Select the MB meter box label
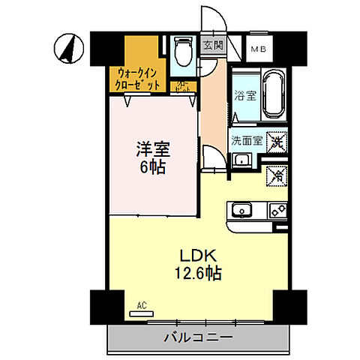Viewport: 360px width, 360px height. [x=258, y=49]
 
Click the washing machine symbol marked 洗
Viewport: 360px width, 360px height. [x=277, y=139]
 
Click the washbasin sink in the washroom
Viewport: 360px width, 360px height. [x=242, y=160]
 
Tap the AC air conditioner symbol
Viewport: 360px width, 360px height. [x=140, y=307]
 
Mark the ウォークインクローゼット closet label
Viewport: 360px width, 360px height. [x=138, y=79]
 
